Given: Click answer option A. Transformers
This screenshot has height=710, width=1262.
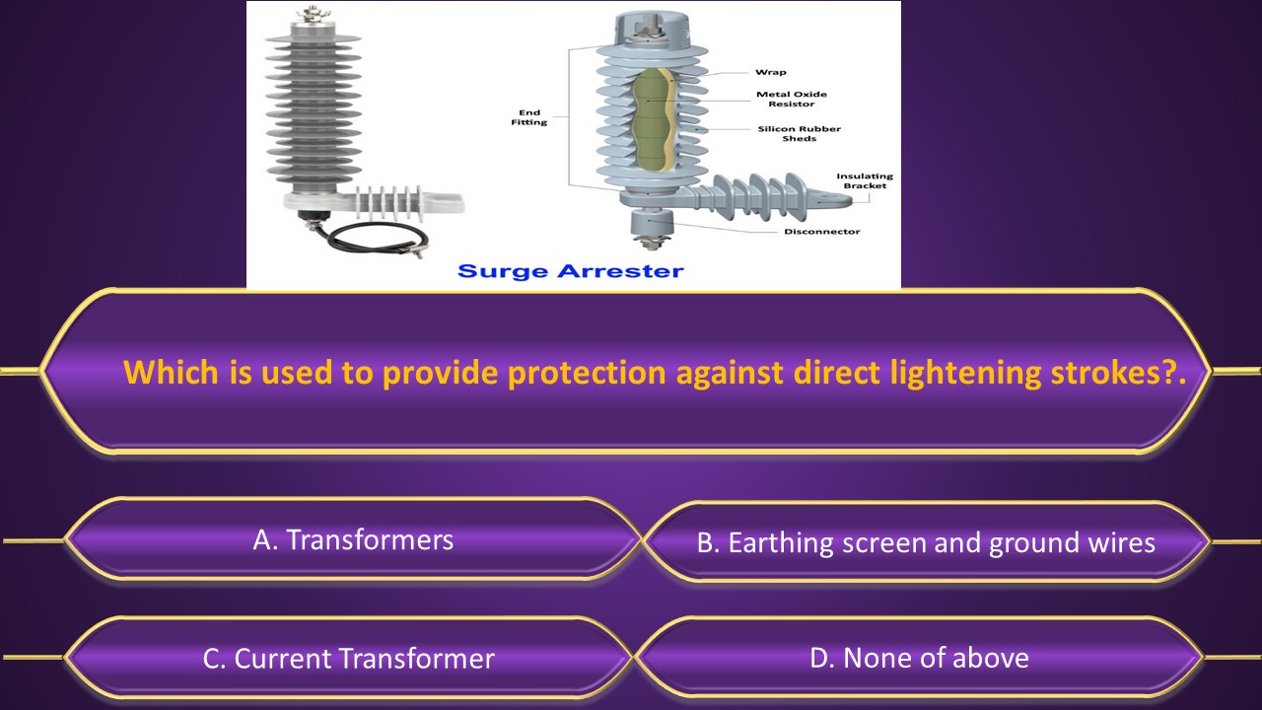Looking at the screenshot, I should point(353,539).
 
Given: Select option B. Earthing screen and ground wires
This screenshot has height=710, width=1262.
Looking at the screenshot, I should point(925,542).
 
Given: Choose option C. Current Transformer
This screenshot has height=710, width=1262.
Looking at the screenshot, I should point(348,659).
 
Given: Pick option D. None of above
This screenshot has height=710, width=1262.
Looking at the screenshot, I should point(919,658).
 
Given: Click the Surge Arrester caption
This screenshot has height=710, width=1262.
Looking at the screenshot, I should point(571,270).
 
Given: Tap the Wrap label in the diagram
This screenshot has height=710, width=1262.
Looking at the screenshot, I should point(770,72).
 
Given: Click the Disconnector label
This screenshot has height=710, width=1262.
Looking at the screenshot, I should point(821,232).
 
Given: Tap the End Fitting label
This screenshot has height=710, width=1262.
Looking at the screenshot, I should point(529,117).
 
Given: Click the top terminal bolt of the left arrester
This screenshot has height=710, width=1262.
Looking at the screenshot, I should point(315,14).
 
